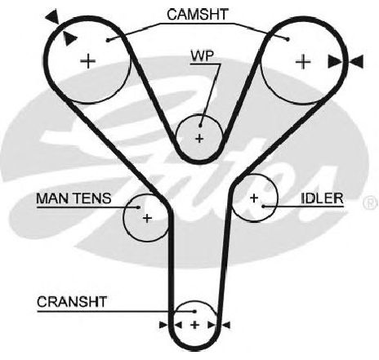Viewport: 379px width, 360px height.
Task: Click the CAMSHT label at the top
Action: point(197,15)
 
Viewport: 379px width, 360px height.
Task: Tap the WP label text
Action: point(203,56)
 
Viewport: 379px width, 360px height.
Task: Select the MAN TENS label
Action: point(74,198)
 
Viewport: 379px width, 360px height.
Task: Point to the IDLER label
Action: point(322,198)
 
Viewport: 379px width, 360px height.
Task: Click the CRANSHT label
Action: point(72,302)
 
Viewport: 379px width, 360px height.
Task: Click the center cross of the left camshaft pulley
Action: point(88,61)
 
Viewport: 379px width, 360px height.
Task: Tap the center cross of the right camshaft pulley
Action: point(303,62)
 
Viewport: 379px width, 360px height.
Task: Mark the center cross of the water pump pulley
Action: point(199,139)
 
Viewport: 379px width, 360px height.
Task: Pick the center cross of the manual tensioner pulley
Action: point(147,218)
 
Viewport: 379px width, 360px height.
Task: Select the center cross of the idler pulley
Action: point(254,198)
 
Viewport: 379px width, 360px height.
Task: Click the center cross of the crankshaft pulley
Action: point(194,325)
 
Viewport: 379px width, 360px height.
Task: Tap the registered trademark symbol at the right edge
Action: point(371,202)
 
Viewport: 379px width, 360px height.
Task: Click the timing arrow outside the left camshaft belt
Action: point(52,17)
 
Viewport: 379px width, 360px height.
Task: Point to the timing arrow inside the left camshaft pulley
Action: point(69,38)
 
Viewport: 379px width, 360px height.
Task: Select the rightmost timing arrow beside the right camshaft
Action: point(356,61)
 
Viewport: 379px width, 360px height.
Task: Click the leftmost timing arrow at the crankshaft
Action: point(163,325)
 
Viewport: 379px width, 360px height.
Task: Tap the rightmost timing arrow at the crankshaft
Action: point(226,325)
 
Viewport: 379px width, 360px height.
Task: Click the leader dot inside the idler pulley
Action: point(263,207)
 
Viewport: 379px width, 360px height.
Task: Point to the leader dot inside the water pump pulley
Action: point(200,126)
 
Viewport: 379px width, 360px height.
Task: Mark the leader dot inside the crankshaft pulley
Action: point(194,311)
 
